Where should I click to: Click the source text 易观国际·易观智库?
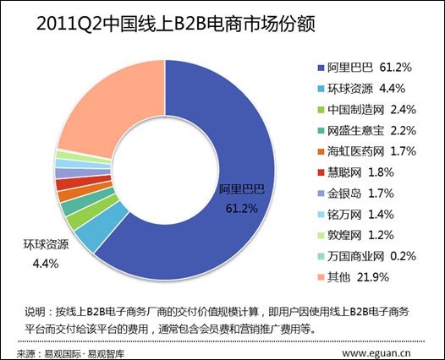pos(83,346)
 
